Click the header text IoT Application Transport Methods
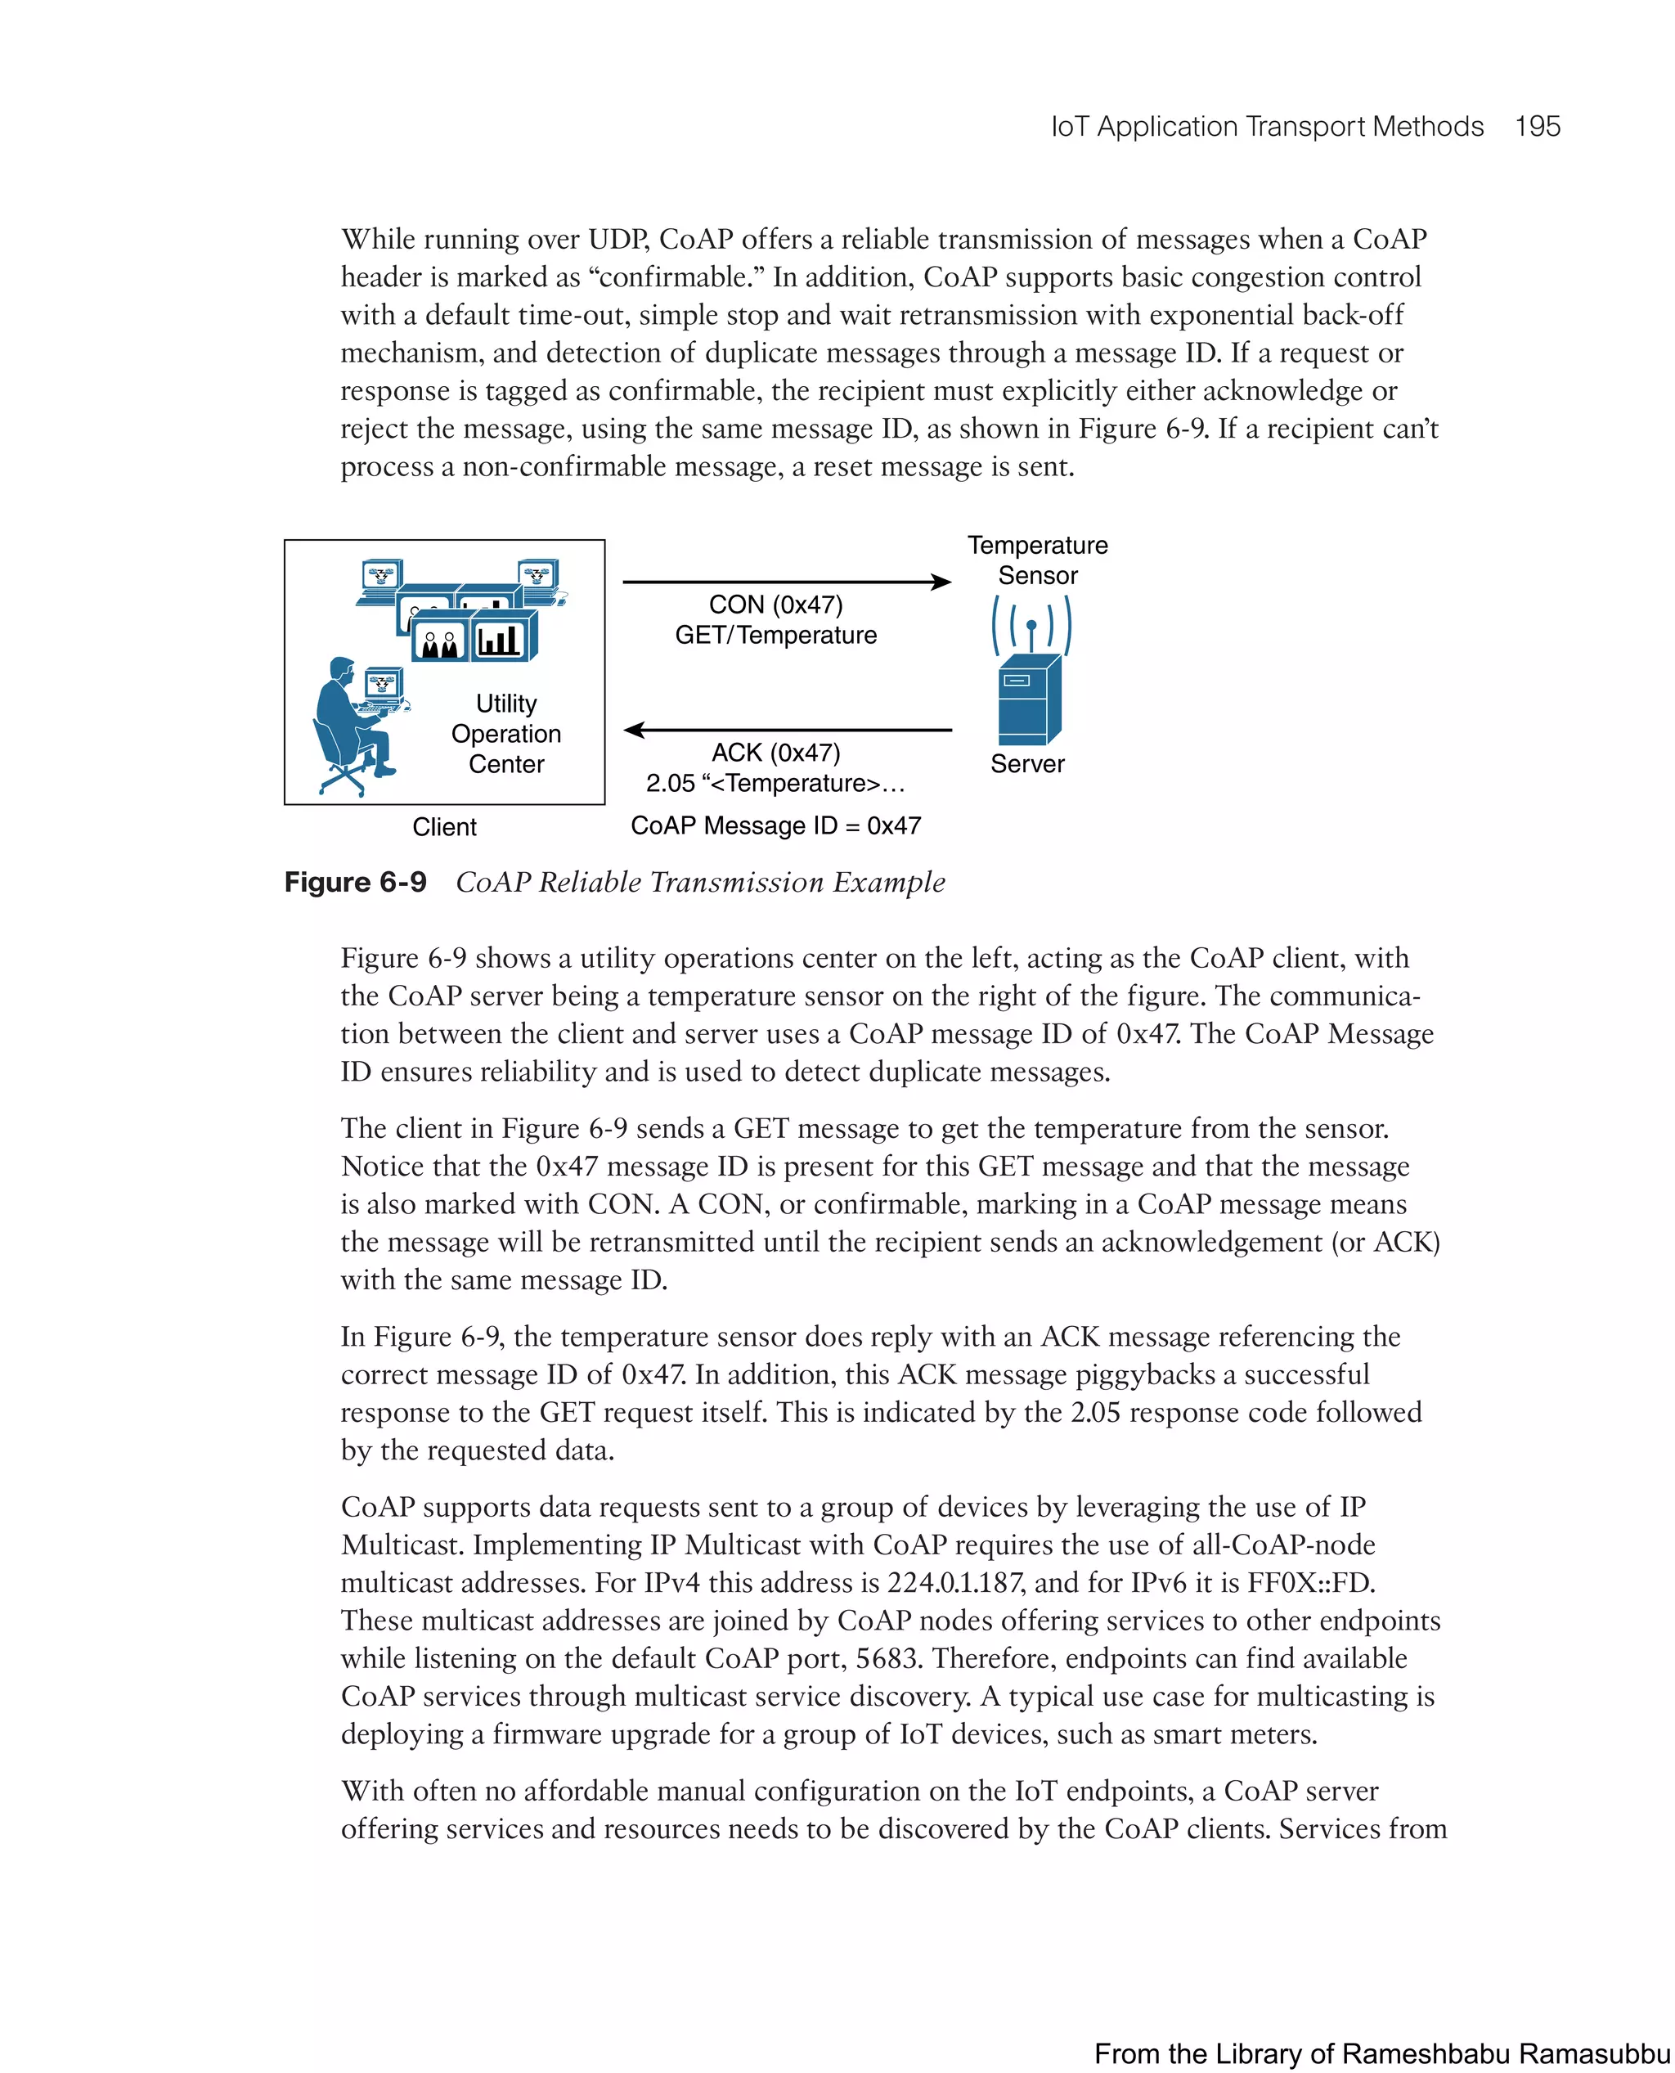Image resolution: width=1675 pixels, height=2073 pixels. click(x=1266, y=127)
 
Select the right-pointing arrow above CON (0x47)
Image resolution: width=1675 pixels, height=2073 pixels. click(x=786, y=582)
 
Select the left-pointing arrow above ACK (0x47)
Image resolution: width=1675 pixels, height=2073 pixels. click(x=786, y=731)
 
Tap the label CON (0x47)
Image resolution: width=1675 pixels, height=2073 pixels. click(x=775, y=605)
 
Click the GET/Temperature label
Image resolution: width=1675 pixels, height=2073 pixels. click(x=775, y=635)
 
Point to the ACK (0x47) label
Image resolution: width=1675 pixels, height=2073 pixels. click(x=775, y=753)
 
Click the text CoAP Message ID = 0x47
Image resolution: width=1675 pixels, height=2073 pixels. click(x=775, y=826)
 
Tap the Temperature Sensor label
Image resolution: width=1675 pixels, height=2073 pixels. click(x=1037, y=560)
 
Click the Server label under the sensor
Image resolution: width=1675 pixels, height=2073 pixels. click(x=1026, y=764)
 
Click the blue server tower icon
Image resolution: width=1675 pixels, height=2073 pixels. click(x=1027, y=702)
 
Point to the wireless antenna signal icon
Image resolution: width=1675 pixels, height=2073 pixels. click(x=1031, y=625)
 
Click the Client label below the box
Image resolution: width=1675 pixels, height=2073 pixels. click(x=444, y=827)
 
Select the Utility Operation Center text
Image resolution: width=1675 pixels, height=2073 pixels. click(x=505, y=734)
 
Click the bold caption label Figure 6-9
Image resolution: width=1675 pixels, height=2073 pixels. click(x=355, y=882)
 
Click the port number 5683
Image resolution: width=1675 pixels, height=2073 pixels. click(x=887, y=1658)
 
